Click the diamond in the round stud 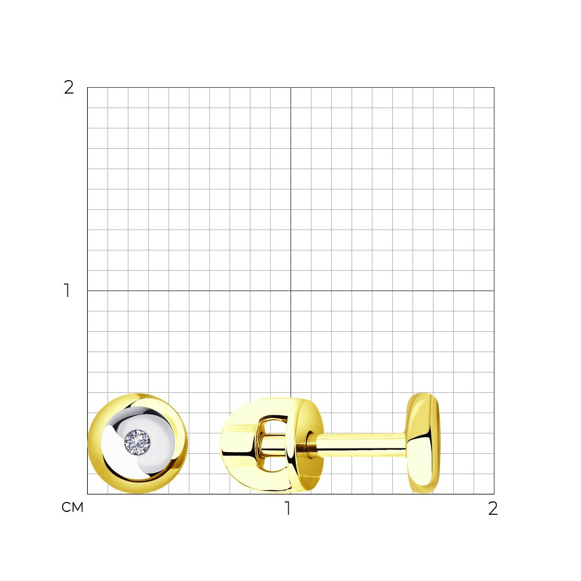[137, 442]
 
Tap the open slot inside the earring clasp [274, 444]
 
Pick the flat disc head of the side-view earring [423, 443]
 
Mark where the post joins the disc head [407, 444]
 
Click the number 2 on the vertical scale [69, 88]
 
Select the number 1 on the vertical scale [67, 290]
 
